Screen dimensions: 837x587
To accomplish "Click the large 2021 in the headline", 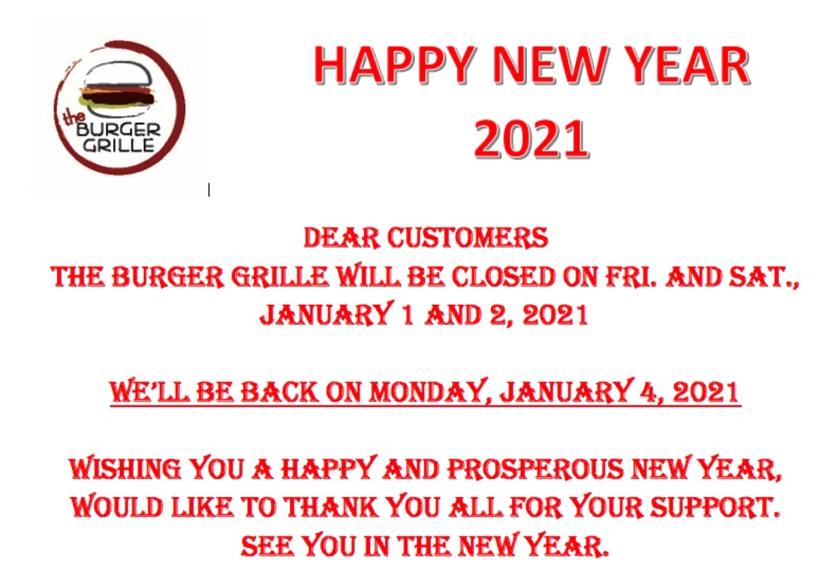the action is click(531, 138).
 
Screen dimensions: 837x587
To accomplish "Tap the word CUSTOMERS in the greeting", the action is click(467, 237).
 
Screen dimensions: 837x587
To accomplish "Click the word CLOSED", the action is click(503, 277).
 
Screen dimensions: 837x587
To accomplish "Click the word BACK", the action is click(279, 392).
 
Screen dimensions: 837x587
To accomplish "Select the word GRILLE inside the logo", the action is click(119, 145).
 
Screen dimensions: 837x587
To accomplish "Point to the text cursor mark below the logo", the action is click(209, 190).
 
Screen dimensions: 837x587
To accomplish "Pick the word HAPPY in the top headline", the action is click(394, 64).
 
